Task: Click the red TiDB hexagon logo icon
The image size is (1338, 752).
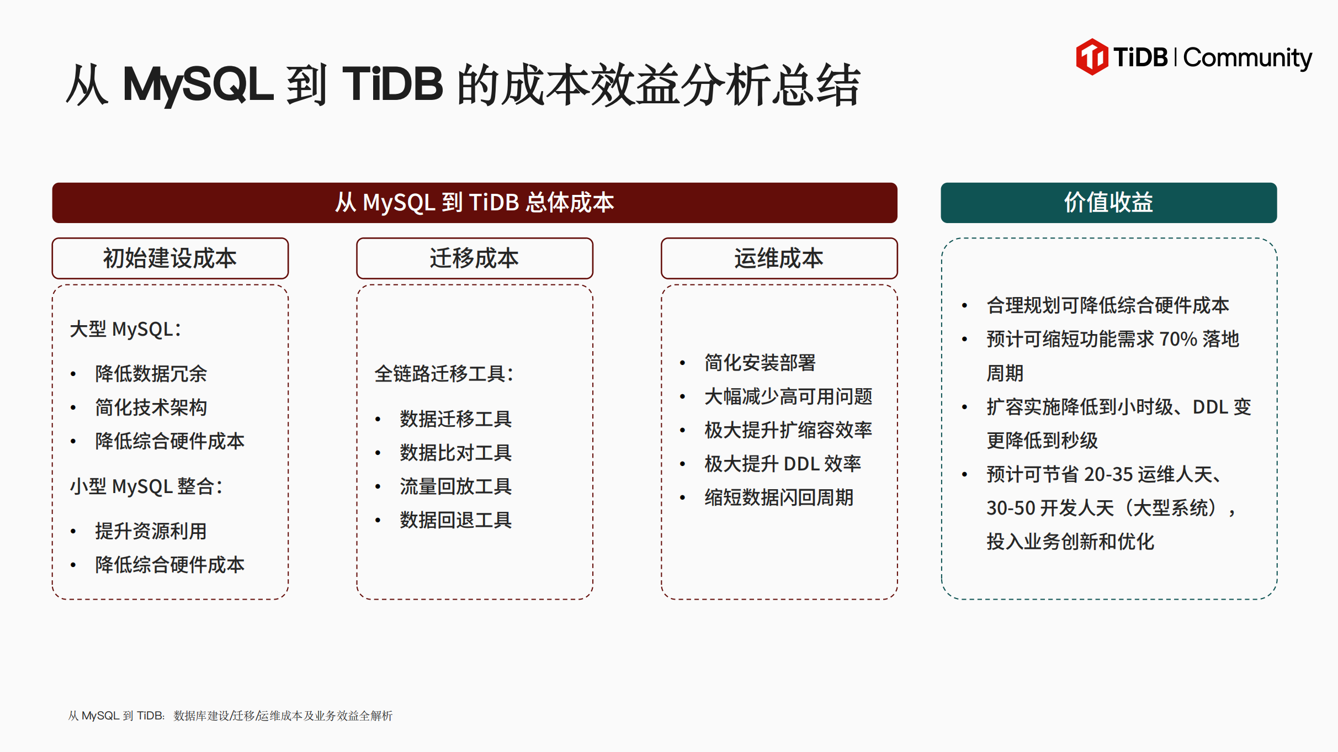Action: (x=1091, y=57)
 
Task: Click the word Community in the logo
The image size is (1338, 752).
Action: (x=1247, y=58)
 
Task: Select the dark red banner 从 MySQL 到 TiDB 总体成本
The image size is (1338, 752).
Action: (x=475, y=203)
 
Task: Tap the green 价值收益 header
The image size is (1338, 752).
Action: (x=1108, y=203)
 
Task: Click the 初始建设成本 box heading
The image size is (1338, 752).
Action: (x=170, y=258)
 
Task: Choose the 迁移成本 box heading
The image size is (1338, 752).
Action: (x=475, y=258)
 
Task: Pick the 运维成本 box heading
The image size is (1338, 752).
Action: (x=779, y=258)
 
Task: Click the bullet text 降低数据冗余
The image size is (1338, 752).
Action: (x=151, y=374)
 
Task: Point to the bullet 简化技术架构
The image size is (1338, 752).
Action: (x=151, y=407)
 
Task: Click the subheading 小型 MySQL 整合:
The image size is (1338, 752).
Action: (x=146, y=486)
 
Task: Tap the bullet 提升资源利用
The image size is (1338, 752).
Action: (x=151, y=531)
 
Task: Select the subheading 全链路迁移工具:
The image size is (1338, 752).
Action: (x=444, y=374)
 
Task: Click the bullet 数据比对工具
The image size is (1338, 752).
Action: (x=456, y=453)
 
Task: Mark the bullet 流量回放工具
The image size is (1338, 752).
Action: (x=456, y=486)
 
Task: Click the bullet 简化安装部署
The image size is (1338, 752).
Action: (x=760, y=363)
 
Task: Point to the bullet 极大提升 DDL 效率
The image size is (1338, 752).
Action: (x=783, y=464)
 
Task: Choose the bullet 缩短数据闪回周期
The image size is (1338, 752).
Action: (x=779, y=497)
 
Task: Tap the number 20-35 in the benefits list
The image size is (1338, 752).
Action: (x=1108, y=474)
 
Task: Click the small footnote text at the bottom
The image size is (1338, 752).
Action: (x=230, y=716)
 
